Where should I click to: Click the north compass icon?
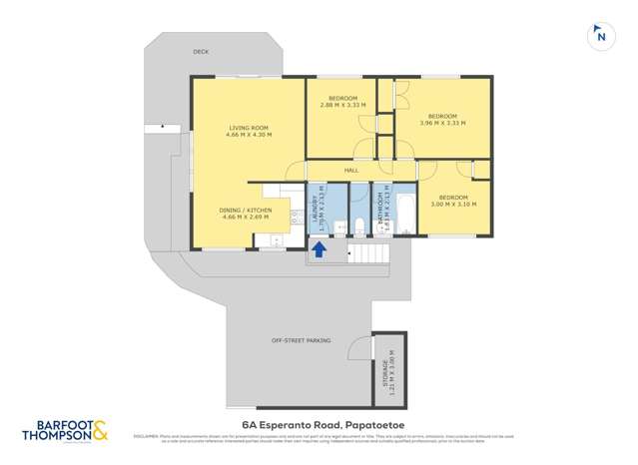(599, 34)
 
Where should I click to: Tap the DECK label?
(202, 52)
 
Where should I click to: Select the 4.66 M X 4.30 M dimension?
(249, 135)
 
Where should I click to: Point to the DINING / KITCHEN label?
(244, 209)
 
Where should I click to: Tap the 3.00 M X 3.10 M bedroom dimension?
(453, 205)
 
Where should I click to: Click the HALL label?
(350, 171)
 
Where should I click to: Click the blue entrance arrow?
(319, 248)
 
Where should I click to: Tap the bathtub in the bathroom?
(405, 211)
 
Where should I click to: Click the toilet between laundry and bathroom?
(340, 228)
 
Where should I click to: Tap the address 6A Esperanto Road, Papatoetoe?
(319, 424)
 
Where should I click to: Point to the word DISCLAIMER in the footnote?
(144, 435)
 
